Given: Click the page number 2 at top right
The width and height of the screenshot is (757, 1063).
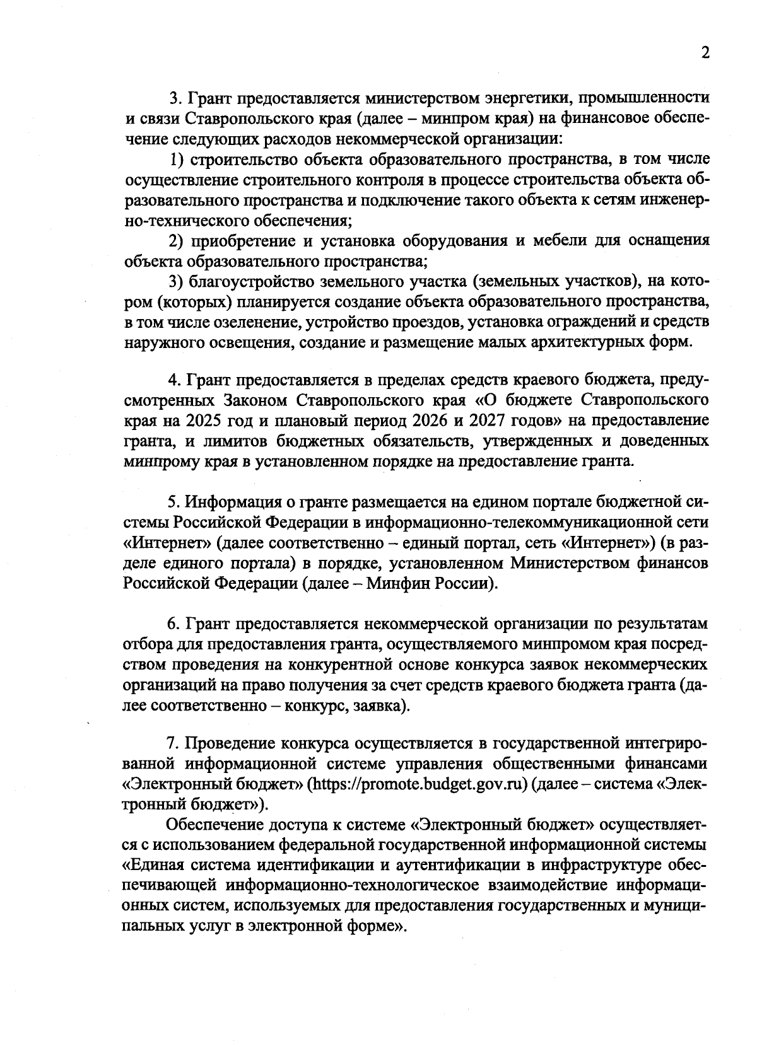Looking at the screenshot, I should coord(705,52).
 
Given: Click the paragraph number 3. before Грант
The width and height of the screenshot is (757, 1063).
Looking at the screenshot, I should coord(175,98).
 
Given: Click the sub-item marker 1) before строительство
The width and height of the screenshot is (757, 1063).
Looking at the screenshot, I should coord(179,159).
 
